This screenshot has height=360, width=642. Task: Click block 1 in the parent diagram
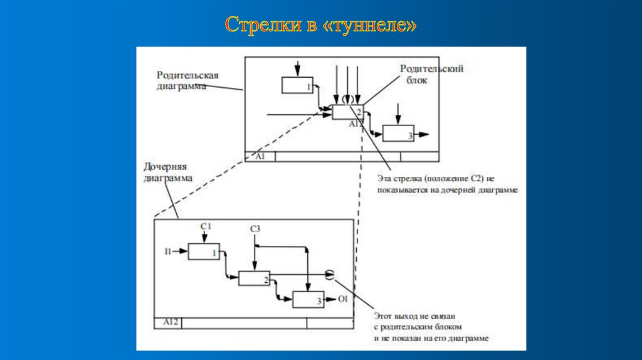click(297, 85)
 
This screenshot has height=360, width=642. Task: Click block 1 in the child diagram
click(204, 251)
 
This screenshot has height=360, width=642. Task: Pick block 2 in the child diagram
click(255, 278)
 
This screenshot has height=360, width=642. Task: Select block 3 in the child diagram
click(308, 300)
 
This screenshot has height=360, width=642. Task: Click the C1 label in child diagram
click(206, 226)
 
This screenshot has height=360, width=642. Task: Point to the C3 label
click(255, 229)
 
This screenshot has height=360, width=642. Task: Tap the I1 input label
click(167, 251)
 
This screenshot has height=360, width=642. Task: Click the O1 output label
click(342, 299)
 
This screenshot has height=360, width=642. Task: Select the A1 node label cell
click(260, 156)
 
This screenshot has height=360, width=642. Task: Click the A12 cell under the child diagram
click(168, 322)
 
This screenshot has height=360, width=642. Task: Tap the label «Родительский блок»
click(432, 74)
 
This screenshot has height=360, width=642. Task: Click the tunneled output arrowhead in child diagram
click(330, 274)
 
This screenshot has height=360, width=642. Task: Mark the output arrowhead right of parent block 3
click(425, 134)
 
